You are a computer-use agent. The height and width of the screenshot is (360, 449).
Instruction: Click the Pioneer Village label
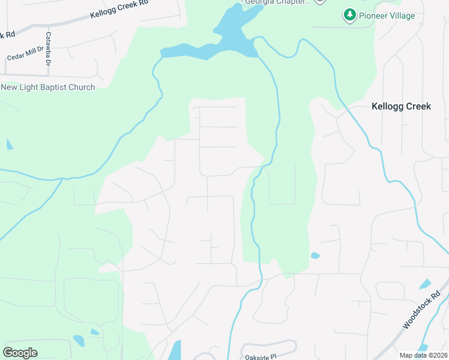(387, 16)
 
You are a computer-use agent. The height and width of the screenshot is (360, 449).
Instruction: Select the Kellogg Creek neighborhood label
(401, 106)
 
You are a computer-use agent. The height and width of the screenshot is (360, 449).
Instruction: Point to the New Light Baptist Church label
(48, 88)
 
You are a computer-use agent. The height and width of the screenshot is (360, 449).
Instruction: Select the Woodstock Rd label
(422, 310)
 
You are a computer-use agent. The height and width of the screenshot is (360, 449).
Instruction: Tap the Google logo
(20, 353)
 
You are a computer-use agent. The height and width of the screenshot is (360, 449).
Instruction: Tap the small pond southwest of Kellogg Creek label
(315, 256)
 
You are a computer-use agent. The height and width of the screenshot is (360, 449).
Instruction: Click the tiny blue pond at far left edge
(9, 144)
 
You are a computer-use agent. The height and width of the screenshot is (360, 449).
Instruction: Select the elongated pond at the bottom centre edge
(175, 351)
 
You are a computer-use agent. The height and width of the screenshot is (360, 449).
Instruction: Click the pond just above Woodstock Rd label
(425, 284)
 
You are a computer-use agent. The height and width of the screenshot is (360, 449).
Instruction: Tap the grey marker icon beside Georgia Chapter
(320, 2)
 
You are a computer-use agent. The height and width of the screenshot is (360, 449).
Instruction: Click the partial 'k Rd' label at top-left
(7, 35)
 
